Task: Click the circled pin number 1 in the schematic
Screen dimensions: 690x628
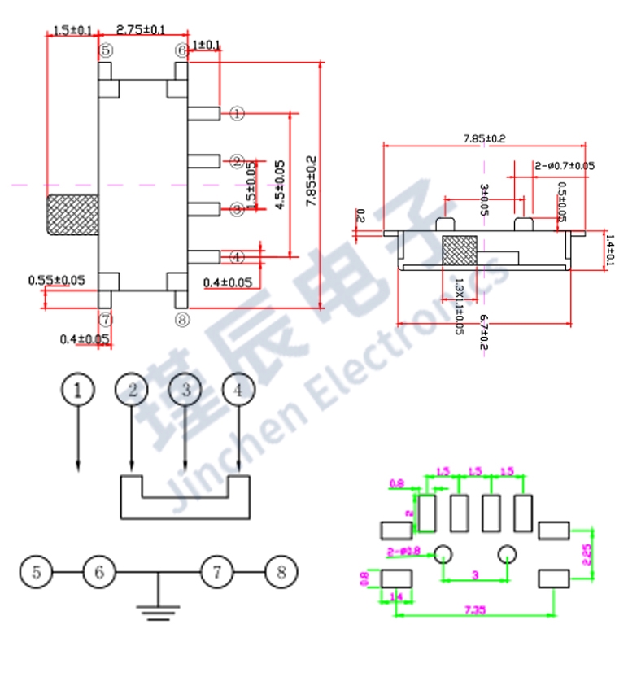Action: click(78, 390)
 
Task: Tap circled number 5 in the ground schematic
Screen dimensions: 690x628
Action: click(37, 572)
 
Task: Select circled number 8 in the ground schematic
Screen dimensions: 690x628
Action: click(281, 572)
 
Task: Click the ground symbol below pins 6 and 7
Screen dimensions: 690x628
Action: click(159, 609)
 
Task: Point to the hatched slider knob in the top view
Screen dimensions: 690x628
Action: click(72, 215)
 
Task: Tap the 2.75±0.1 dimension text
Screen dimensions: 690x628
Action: click(141, 30)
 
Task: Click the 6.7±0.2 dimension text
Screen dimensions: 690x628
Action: click(483, 333)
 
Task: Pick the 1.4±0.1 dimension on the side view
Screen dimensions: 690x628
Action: click(611, 250)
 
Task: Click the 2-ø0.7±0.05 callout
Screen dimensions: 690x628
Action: click(565, 166)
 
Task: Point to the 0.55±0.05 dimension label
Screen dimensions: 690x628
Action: click(56, 281)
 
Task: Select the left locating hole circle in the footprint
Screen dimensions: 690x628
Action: click(443, 555)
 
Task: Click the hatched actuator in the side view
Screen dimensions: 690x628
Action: click(458, 251)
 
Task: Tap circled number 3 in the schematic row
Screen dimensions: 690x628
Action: click(185, 390)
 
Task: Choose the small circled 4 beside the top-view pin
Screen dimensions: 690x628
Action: click(236, 257)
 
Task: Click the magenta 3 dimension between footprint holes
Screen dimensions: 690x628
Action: click(475, 576)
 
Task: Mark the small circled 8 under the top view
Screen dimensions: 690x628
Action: click(181, 320)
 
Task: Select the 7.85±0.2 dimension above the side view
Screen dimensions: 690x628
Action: click(484, 139)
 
